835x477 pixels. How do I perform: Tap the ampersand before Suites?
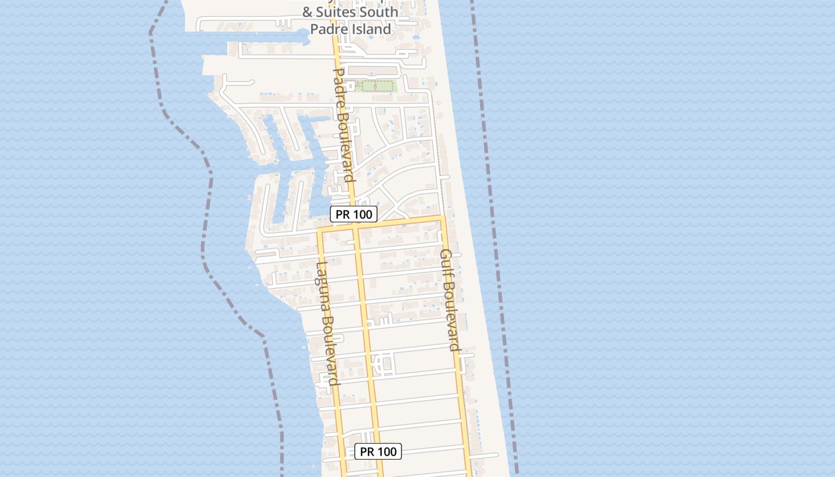tap(308, 12)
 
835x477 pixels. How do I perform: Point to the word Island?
tap(370, 29)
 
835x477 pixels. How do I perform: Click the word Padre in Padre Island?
tap(327, 29)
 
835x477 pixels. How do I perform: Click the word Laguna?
tap(323, 284)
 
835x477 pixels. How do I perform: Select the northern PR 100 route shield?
tap(354, 214)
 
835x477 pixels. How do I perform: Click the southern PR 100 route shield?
tap(378, 451)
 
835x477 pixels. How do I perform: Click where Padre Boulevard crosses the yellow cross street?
tap(356, 226)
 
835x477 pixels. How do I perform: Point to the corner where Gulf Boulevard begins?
tap(442, 217)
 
